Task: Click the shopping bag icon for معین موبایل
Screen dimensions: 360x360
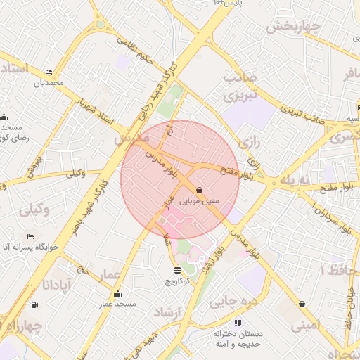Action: point(199,190)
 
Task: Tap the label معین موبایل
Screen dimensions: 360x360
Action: point(200,201)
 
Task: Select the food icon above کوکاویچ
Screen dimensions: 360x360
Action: point(176,270)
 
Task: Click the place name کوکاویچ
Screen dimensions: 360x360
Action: point(177,281)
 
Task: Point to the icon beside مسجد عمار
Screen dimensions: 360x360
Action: point(117,294)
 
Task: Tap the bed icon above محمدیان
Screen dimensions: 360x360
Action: point(49,72)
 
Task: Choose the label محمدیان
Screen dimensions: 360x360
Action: point(49,83)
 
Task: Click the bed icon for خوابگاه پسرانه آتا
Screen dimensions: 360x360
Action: point(30,237)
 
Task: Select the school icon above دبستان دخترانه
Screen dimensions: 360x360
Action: point(238,323)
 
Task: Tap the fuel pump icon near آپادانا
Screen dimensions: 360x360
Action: point(34,304)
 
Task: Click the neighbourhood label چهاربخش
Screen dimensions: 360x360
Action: point(293,27)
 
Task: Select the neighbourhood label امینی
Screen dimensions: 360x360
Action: point(305,326)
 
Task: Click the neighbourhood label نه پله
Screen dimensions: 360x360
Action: point(294,180)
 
